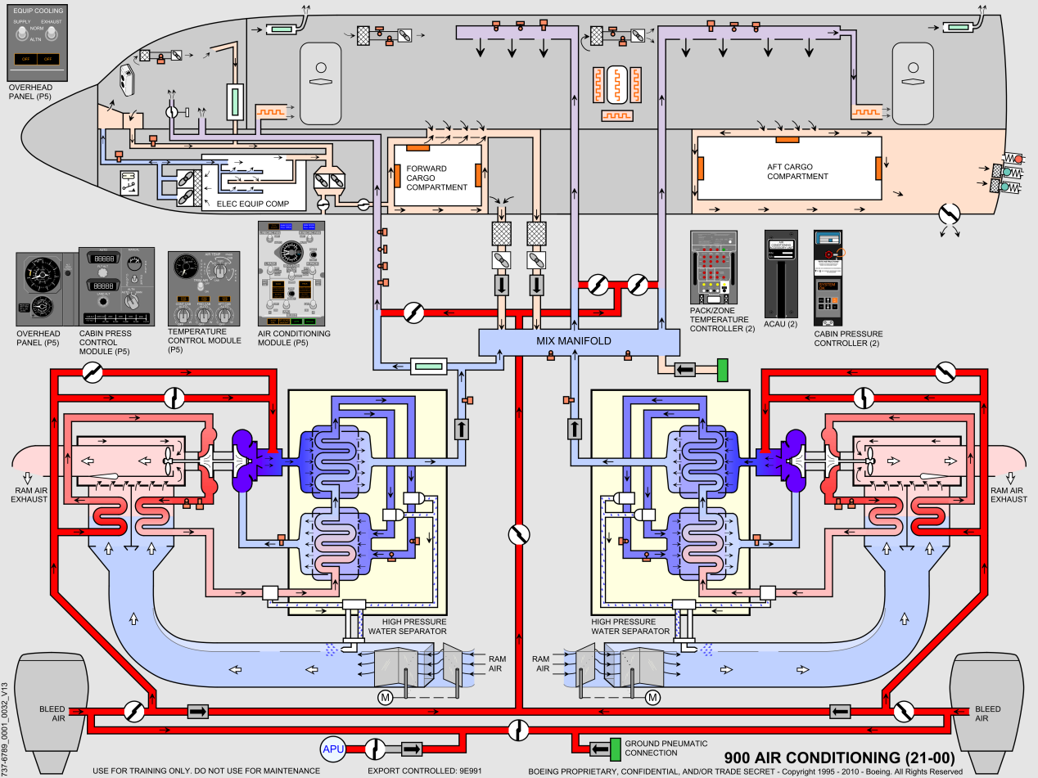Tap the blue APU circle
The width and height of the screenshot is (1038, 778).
click(x=334, y=749)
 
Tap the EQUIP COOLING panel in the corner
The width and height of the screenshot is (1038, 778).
click(x=36, y=38)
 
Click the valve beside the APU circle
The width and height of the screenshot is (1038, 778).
click(x=376, y=749)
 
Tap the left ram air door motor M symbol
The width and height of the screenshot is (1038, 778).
click(x=385, y=697)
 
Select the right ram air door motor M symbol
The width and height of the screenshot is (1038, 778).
click(x=652, y=697)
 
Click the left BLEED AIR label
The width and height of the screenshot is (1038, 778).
click(x=52, y=713)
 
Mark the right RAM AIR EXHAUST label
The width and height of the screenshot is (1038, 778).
click(x=1009, y=494)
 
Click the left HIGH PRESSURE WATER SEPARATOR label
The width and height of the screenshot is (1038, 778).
click(x=407, y=626)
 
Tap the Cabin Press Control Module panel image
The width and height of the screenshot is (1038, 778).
click(x=115, y=287)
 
